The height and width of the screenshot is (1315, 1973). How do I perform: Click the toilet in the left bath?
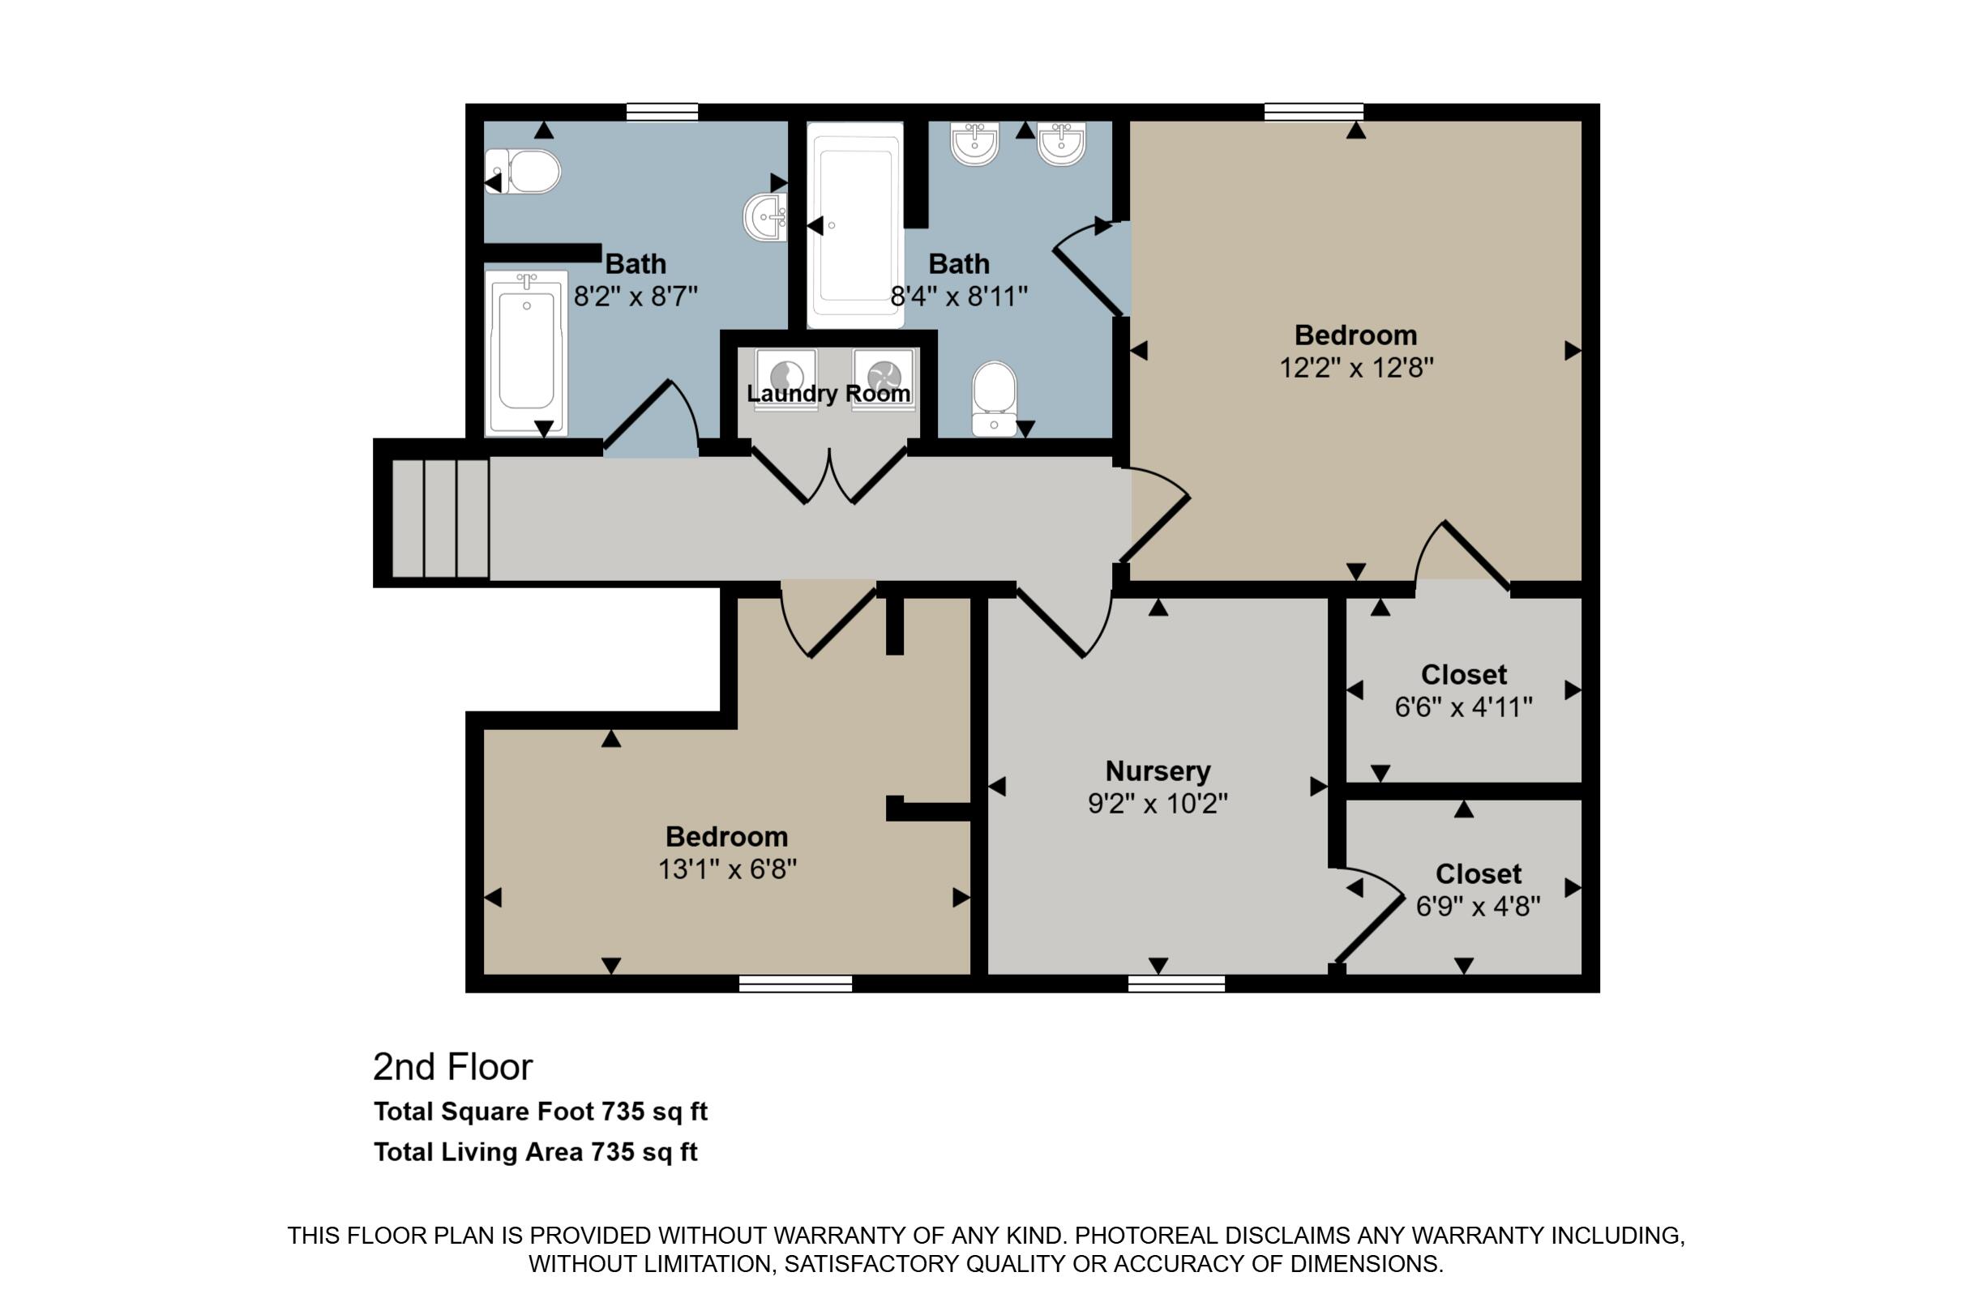(523, 172)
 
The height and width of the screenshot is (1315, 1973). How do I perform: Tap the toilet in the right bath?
(994, 399)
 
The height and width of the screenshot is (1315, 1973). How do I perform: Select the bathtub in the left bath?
(526, 353)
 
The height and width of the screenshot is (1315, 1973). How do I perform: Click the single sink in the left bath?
(765, 216)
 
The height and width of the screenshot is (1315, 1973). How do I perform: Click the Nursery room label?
(1158, 771)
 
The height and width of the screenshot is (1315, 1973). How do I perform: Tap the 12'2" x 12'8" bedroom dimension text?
(1355, 367)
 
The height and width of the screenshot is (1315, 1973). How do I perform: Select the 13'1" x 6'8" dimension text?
(726, 869)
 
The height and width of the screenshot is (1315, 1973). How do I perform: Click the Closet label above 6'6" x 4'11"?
(1464, 674)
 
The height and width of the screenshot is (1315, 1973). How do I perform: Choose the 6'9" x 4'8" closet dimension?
(1478, 907)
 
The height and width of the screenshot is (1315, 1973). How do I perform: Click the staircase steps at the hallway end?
(440, 519)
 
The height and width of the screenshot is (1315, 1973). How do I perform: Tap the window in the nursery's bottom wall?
(1176, 984)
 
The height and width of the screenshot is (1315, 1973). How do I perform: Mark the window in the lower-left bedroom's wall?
(795, 984)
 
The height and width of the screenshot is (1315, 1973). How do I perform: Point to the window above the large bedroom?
(1314, 112)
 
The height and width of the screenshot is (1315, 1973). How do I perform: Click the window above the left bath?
(662, 112)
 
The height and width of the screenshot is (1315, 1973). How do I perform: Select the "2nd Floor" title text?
(453, 1067)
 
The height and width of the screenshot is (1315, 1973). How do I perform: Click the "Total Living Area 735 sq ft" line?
(535, 1151)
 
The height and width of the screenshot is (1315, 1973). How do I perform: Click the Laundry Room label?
(828, 393)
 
